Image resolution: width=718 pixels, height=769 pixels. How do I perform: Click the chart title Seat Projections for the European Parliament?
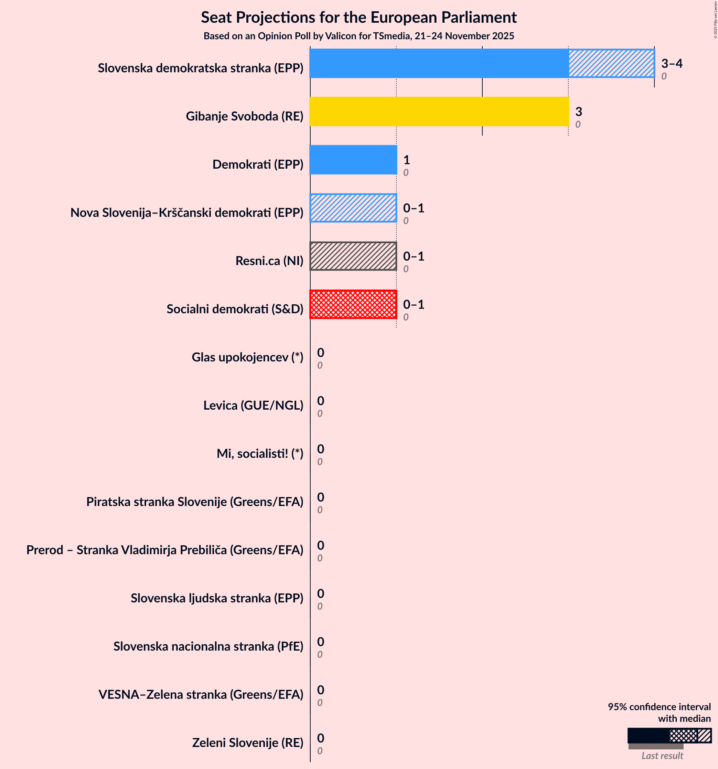pyautogui.click(x=358, y=18)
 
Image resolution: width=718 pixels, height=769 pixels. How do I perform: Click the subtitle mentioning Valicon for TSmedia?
pyautogui.click(x=358, y=36)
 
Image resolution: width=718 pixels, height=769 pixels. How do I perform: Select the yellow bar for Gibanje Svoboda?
pyautogui.click(x=439, y=112)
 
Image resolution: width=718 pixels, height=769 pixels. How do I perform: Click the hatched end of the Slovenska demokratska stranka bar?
pyautogui.click(x=611, y=63)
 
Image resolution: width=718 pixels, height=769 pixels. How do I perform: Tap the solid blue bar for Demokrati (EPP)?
pyautogui.click(x=353, y=160)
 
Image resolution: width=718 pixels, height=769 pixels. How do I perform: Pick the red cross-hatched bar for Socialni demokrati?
pyautogui.click(x=353, y=304)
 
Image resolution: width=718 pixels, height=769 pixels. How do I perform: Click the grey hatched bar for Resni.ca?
pyautogui.click(x=353, y=256)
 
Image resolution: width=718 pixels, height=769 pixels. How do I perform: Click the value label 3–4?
pyautogui.click(x=672, y=63)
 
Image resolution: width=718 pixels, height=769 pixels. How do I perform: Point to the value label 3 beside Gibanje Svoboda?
pyautogui.click(x=578, y=112)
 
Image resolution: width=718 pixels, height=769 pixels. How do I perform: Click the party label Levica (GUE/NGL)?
pyautogui.click(x=253, y=405)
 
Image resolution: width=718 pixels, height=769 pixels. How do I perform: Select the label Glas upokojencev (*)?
pyautogui.click(x=247, y=357)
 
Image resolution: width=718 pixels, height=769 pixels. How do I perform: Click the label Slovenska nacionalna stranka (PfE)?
pyautogui.click(x=208, y=646)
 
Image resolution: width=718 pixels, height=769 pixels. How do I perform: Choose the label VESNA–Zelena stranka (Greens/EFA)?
pyautogui.click(x=201, y=694)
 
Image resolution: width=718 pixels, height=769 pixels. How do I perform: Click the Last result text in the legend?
pyautogui.click(x=662, y=756)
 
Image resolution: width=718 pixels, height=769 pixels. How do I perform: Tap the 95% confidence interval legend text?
pyautogui.click(x=659, y=713)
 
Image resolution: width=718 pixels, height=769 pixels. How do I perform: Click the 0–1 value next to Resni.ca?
pyautogui.click(x=413, y=256)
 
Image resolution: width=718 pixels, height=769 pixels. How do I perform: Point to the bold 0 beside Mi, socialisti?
pyautogui.click(x=321, y=449)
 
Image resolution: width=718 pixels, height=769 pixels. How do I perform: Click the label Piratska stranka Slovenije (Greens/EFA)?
pyautogui.click(x=194, y=502)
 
